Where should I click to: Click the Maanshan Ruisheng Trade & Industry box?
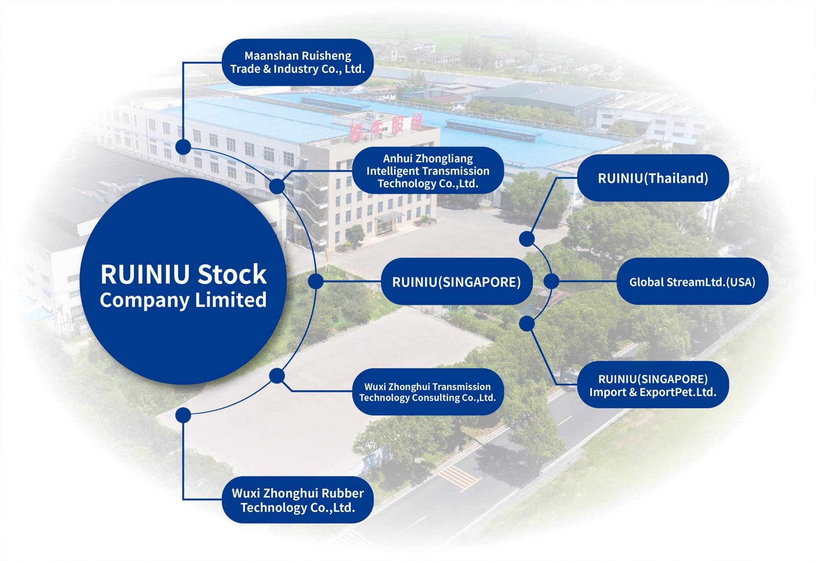tap(298, 62)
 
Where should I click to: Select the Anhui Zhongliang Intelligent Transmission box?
tap(428, 171)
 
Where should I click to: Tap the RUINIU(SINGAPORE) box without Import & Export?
tap(456, 282)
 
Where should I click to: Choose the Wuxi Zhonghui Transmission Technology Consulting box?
tap(428, 392)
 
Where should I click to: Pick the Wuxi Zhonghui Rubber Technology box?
tap(298, 500)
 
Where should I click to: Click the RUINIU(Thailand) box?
tap(653, 178)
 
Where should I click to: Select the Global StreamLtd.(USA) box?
tap(692, 282)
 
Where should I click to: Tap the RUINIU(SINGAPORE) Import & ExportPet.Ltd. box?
tap(653, 385)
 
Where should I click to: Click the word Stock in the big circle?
tap(232, 274)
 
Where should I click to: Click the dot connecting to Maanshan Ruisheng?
tap(183, 147)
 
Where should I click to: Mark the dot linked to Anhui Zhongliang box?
tap(277, 186)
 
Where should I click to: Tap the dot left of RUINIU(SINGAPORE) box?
tap(316, 281)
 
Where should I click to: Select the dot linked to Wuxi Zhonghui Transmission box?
tap(277, 376)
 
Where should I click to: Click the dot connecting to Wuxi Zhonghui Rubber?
tap(183, 415)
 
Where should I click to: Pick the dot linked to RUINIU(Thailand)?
tap(527, 239)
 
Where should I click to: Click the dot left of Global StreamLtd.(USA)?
tap(551, 281)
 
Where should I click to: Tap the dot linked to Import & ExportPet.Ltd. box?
tap(527, 323)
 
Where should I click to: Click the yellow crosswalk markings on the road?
tap(459, 478)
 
